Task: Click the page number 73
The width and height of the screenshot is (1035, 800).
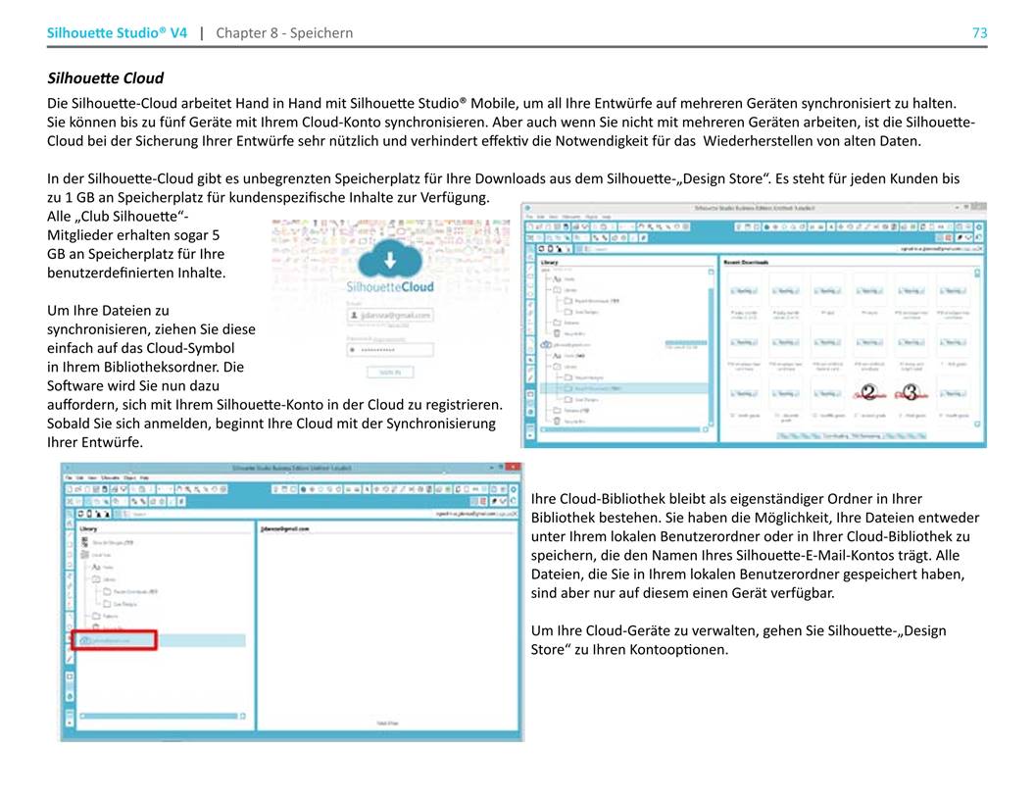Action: click(x=979, y=33)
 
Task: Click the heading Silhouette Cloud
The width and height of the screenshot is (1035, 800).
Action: click(x=106, y=77)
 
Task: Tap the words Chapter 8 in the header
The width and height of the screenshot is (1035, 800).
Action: click(x=243, y=33)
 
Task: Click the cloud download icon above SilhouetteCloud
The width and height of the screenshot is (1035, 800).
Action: click(x=390, y=261)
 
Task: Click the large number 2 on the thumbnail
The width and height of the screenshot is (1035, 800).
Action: click(x=866, y=393)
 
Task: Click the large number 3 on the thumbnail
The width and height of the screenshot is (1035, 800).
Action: click(x=912, y=393)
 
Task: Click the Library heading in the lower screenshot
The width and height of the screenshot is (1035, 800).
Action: click(x=87, y=528)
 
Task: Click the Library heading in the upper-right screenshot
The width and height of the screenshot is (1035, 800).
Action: click(x=549, y=263)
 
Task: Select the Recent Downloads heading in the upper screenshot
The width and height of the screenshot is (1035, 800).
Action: click(x=746, y=263)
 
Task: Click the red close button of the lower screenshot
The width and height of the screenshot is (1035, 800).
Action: click(x=515, y=469)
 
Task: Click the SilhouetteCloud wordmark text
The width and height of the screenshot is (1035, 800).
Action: click(x=390, y=287)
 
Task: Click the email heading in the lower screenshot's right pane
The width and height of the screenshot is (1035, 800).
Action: click(x=285, y=528)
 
